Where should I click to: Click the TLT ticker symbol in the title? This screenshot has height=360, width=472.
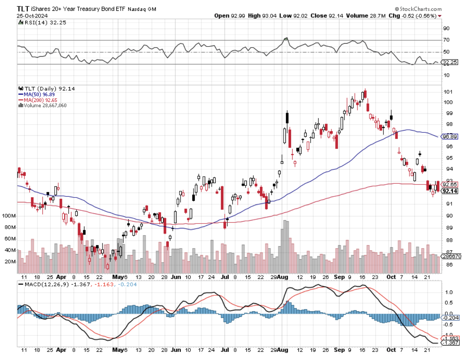23,9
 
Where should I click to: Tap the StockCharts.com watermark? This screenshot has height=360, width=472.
418,9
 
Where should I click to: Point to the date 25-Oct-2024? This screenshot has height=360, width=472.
33,16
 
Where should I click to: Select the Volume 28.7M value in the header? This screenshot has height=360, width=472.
366,16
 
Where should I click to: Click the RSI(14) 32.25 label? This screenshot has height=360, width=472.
45,23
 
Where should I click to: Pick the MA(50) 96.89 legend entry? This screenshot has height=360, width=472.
39,94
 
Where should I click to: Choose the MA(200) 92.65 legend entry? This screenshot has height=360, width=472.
40,100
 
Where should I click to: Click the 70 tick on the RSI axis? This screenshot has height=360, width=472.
446,40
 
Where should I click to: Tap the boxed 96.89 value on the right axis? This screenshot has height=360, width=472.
449,136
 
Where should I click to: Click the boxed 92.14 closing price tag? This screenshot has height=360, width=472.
450,191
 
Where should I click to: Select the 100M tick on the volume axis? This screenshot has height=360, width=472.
9,216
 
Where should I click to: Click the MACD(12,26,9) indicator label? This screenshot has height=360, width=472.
46,285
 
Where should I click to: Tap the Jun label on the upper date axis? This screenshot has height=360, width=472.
176,277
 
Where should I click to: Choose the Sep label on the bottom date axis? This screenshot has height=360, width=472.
339,350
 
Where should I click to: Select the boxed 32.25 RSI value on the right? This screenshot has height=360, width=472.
450,62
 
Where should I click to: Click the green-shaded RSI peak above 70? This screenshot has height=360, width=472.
286,39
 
